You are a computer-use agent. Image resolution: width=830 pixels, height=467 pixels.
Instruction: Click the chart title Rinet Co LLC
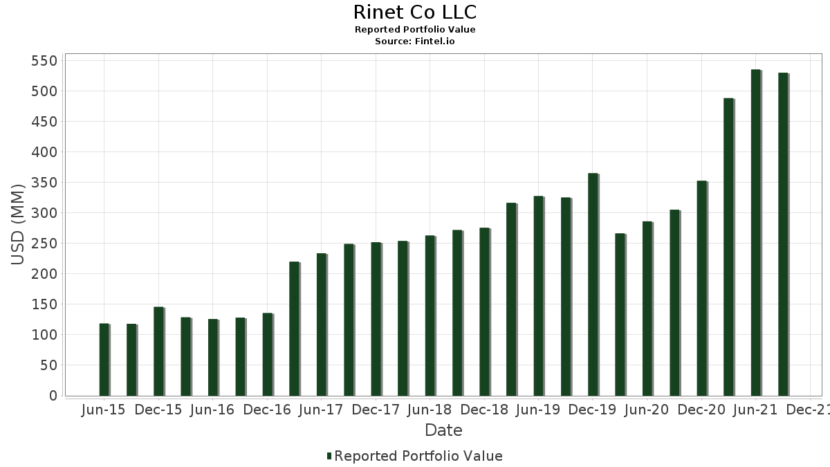pyautogui.click(x=414, y=12)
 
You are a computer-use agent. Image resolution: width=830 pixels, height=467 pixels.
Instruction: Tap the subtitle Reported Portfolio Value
pyautogui.click(x=414, y=30)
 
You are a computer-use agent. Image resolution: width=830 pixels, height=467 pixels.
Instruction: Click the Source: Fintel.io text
pyautogui.click(x=414, y=42)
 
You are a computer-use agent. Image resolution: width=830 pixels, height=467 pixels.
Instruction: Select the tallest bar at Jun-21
pyautogui.click(x=755, y=232)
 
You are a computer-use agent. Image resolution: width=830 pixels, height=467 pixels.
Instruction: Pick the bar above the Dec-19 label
pyautogui.click(x=593, y=284)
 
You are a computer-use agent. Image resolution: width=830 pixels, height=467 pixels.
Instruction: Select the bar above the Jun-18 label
pyautogui.click(x=430, y=315)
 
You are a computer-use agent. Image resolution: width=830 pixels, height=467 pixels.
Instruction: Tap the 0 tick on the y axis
pyautogui.click(x=52, y=396)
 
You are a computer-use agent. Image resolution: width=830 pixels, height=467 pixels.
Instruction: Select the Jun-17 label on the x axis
pyautogui.click(x=321, y=410)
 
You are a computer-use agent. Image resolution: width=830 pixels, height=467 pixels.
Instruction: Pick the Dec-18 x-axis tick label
pyautogui.click(x=484, y=410)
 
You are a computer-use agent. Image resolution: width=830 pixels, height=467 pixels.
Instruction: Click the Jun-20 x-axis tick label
pyautogui.click(x=647, y=410)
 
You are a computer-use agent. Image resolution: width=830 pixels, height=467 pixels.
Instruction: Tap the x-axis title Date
pyautogui.click(x=443, y=430)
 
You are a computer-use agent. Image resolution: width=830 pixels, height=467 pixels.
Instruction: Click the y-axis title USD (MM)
pyautogui.click(x=19, y=224)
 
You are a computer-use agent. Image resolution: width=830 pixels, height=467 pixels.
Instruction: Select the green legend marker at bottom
pyautogui.click(x=329, y=456)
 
